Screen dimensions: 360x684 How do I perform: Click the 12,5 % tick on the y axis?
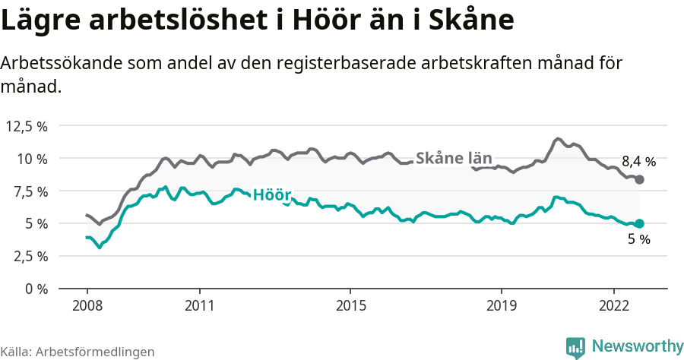coord(27,126)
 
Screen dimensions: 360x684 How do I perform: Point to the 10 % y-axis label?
coord(32,159)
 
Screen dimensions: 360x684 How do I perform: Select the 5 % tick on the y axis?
coord(36,224)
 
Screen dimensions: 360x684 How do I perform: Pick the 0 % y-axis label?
coord(36,289)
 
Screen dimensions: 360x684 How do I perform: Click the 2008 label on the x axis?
coord(87,305)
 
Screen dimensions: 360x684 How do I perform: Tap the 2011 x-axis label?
coord(199,305)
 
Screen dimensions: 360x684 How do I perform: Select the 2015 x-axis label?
coord(350,305)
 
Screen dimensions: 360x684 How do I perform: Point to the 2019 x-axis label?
coord(501,305)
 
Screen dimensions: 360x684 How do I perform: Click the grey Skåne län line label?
coord(454,158)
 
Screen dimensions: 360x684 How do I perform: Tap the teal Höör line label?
coord(271,194)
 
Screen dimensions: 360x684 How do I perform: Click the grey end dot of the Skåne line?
coord(639,179)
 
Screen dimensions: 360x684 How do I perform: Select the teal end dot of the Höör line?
coord(639,223)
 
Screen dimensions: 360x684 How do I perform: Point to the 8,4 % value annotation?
coord(638,161)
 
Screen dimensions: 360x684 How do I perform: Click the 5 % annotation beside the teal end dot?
coord(638,240)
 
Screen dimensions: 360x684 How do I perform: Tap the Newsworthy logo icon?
coord(575,346)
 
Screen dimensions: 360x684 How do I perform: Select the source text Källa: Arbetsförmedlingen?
coord(78,352)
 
